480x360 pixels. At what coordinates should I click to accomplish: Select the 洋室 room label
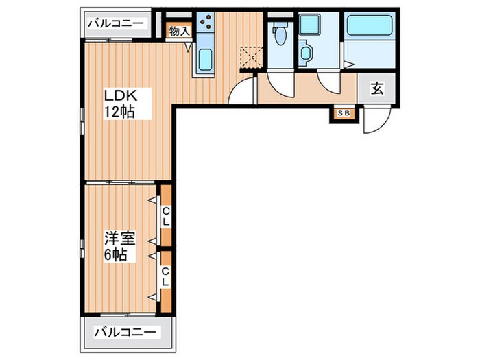tap(119, 239)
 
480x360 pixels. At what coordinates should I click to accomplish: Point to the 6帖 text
tap(115, 254)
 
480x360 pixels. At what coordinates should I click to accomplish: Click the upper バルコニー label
tap(116, 23)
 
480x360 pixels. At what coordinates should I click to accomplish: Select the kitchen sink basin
tap(205, 60)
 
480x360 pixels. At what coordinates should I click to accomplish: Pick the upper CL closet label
tap(165, 217)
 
